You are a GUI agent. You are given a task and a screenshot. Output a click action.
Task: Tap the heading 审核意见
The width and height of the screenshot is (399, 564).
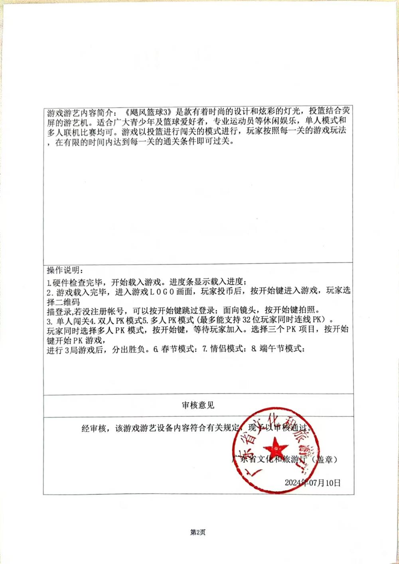(x=198, y=405)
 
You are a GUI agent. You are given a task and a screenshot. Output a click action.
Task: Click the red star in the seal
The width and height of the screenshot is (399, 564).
(x=274, y=445)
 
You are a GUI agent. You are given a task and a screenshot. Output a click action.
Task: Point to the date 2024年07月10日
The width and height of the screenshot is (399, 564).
(x=313, y=483)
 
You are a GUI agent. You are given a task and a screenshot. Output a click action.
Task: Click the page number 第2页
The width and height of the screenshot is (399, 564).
(x=198, y=532)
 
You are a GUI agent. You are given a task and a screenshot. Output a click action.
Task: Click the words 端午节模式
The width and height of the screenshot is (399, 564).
(x=281, y=349)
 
